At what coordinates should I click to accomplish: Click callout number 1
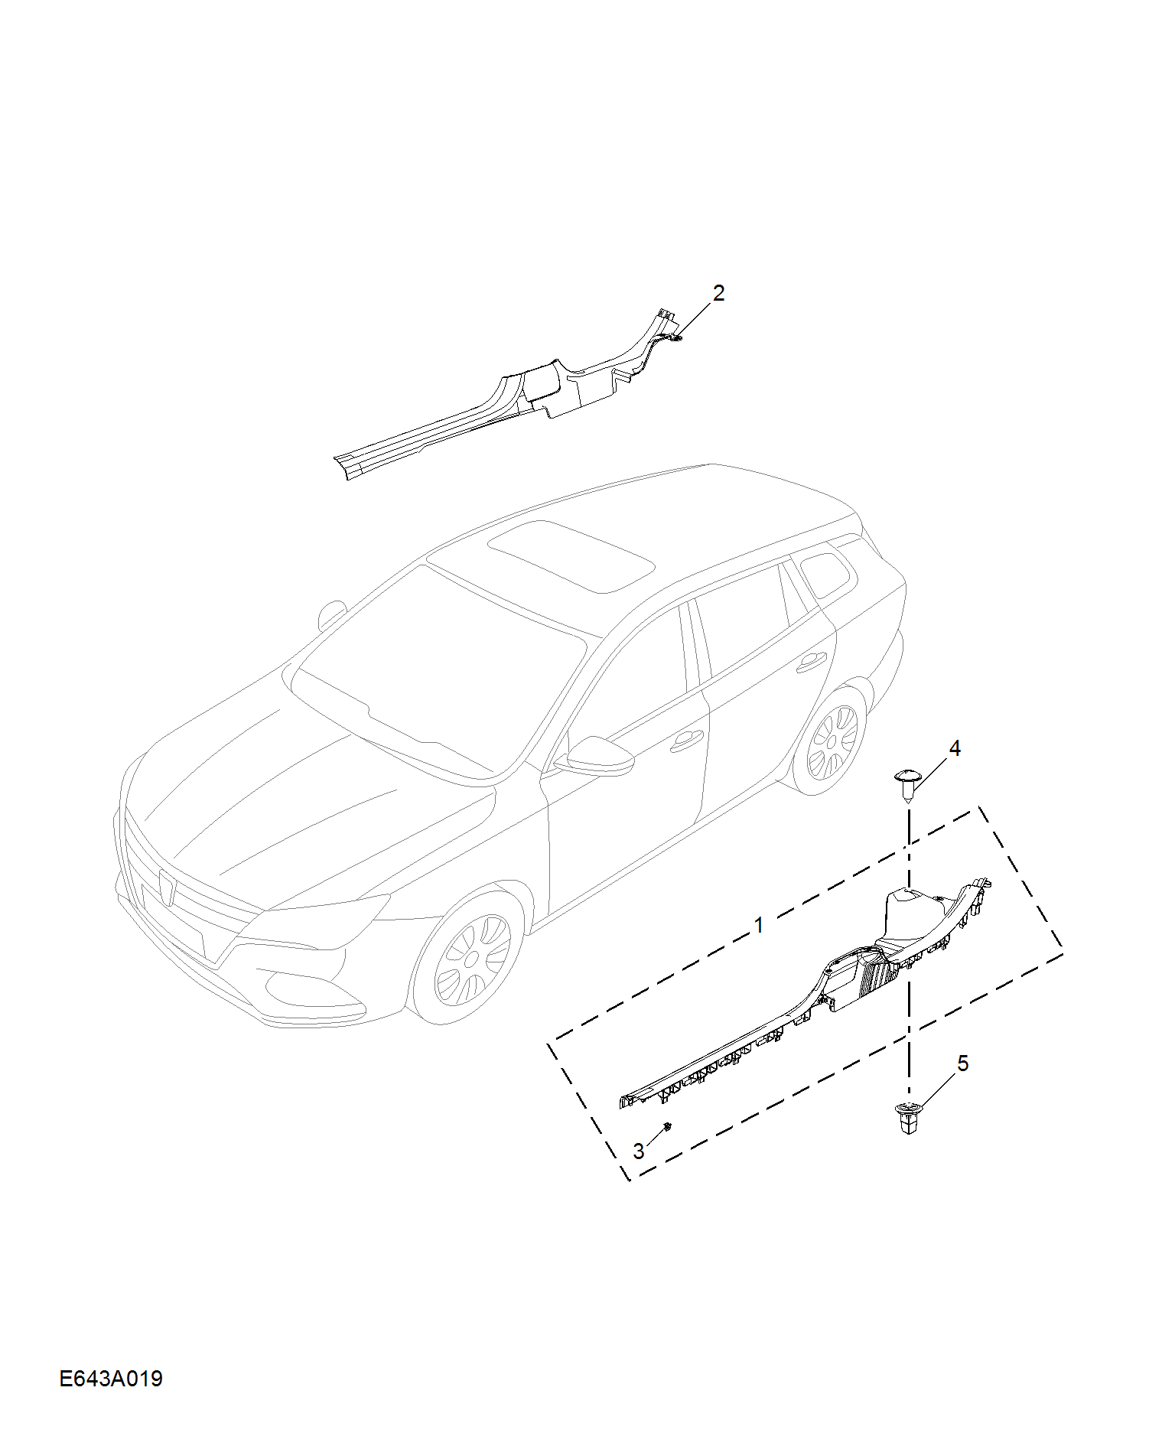click(x=758, y=926)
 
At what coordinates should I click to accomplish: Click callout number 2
click(x=718, y=293)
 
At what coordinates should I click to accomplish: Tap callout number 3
click(x=639, y=1151)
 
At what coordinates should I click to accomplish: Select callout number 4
click(x=955, y=748)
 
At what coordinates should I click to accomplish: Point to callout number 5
click(x=963, y=1063)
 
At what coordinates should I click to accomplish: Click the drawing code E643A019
click(x=111, y=1379)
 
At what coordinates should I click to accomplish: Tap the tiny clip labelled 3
click(x=668, y=1126)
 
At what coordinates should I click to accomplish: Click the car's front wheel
click(x=469, y=957)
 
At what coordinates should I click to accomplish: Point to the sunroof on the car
click(x=571, y=555)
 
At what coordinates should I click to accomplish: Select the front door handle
click(x=686, y=740)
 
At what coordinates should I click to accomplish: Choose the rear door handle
click(x=811, y=663)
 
